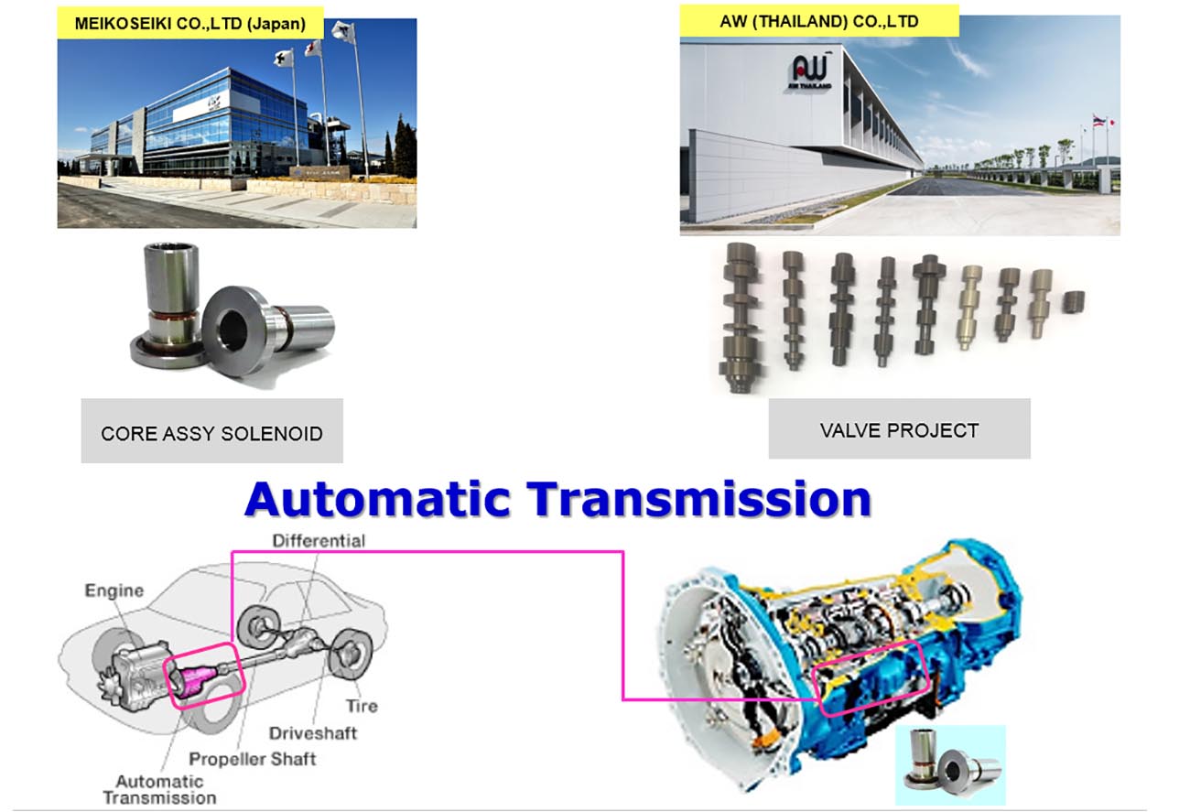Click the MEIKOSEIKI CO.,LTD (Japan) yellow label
tap(190, 23)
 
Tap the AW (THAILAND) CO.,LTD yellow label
tap(819, 21)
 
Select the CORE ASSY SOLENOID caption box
tap(212, 431)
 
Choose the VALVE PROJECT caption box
tap(900, 428)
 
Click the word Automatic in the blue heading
tap(378, 499)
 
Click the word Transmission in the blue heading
tap(699, 499)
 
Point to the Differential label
tap(319, 541)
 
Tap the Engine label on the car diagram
tap(114, 590)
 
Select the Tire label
tap(362, 706)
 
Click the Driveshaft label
tap(313, 733)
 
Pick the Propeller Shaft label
tap(253, 759)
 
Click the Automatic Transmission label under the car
tap(160, 790)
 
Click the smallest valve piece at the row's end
tap(1074, 302)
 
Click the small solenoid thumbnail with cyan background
tap(950, 764)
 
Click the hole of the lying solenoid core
tap(231, 330)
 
